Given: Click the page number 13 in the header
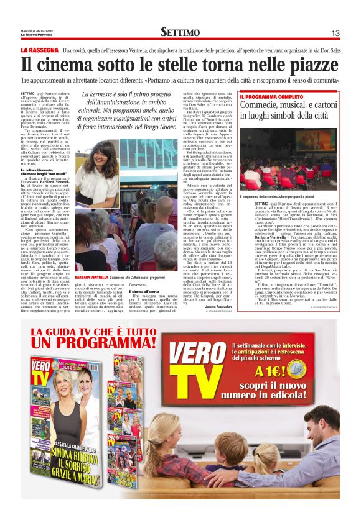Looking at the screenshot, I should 335,32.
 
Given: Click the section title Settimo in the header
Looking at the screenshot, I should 180,32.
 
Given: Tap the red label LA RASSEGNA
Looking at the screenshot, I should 39,49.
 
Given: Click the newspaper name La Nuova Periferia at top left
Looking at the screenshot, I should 37,34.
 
